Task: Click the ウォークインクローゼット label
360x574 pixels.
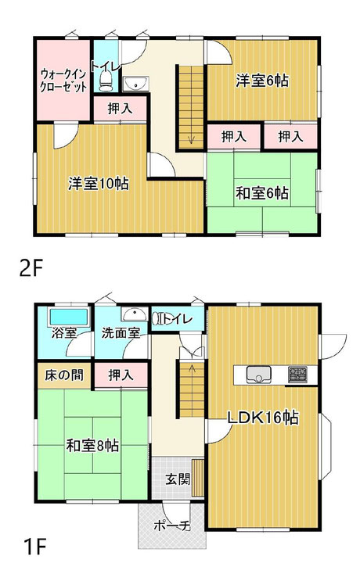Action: tap(63, 81)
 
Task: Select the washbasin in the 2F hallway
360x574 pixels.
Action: tap(135, 84)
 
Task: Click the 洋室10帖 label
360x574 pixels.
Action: tap(98, 184)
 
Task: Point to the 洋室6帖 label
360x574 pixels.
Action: tap(262, 81)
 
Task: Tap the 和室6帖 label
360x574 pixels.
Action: tap(262, 193)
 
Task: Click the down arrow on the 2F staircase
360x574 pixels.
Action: tap(191, 139)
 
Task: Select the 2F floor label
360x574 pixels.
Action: tap(31, 270)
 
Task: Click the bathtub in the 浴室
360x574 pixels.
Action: tap(69, 317)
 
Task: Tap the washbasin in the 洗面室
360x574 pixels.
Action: tap(135, 314)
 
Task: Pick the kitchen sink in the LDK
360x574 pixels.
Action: tap(258, 375)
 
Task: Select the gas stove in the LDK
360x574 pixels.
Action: tap(297, 375)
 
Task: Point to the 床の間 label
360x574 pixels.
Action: tap(64, 375)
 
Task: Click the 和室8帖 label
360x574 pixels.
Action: tap(92, 446)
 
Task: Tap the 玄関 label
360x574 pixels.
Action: tap(178, 479)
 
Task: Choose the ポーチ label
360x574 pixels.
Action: tap(172, 526)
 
